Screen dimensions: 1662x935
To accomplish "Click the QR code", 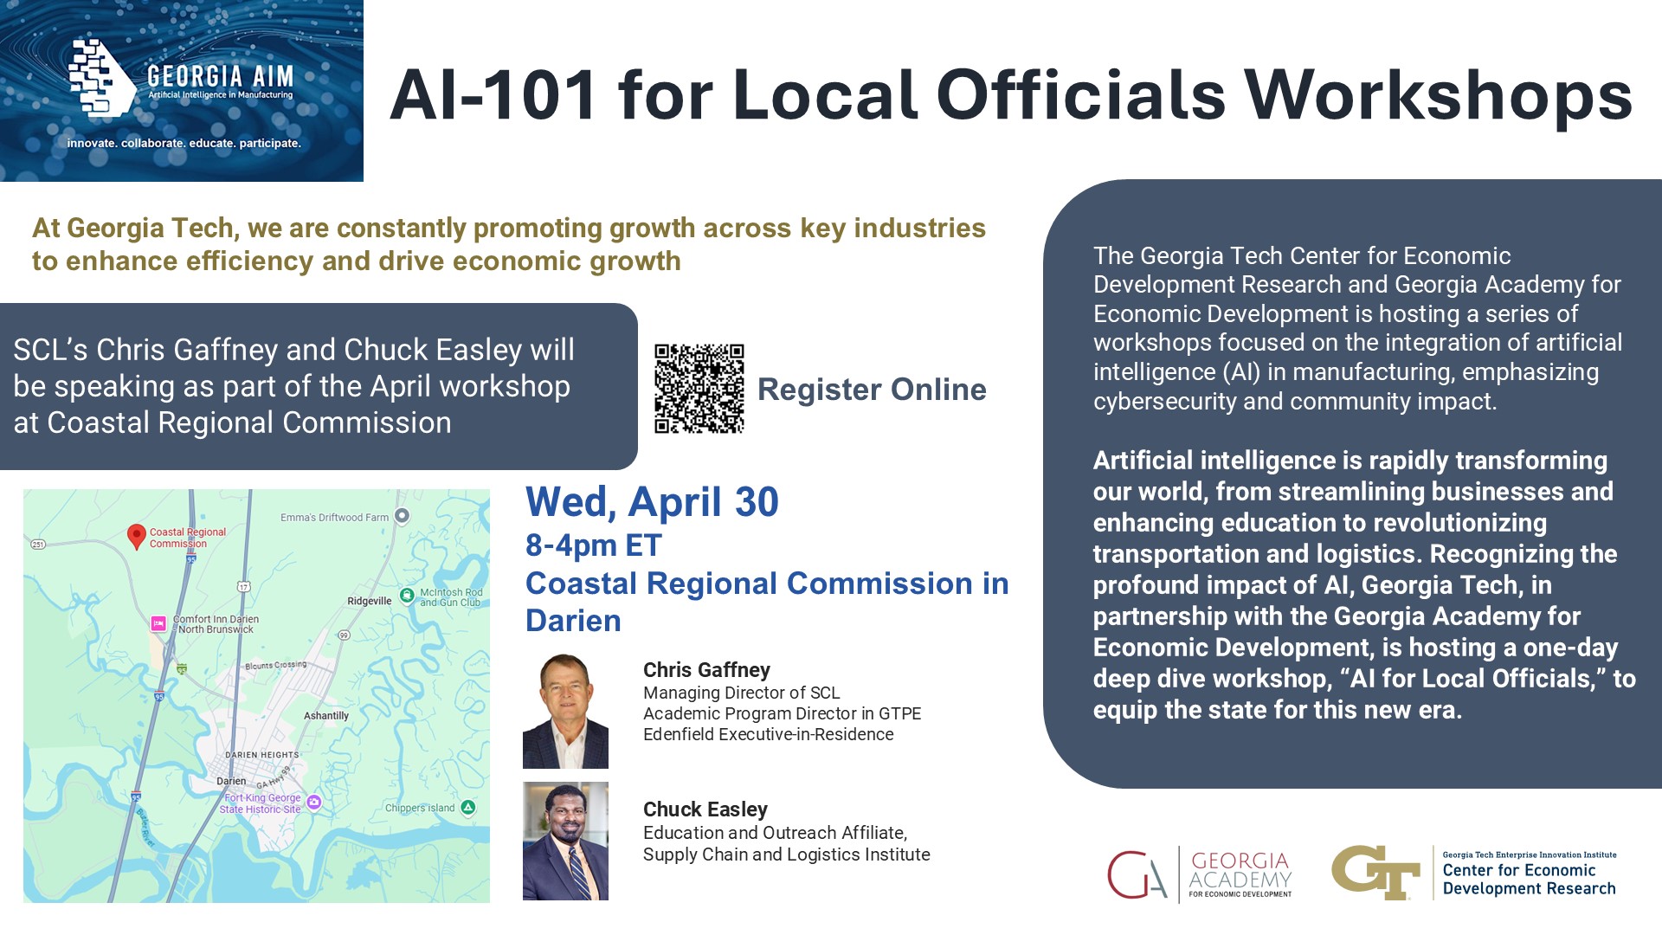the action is [x=699, y=389].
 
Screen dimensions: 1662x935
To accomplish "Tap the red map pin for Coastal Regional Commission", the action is [x=136, y=537].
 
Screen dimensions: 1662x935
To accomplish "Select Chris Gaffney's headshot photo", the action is [x=565, y=711].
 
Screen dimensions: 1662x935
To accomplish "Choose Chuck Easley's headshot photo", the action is [x=565, y=841].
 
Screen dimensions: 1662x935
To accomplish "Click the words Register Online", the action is [x=872, y=390].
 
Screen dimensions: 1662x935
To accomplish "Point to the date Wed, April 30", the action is [x=652, y=502].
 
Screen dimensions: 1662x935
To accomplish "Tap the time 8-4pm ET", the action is [x=594, y=545].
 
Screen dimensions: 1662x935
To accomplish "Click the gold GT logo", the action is [x=1375, y=872].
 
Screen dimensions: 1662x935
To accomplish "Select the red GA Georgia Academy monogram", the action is [x=1137, y=874].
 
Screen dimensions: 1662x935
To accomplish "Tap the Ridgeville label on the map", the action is [x=370, y=601].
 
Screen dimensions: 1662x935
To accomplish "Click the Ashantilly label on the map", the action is [x=326, y=716].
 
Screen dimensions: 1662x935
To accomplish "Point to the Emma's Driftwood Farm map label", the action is [x=334, y=518].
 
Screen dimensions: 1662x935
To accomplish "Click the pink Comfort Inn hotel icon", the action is [x=158, y=623].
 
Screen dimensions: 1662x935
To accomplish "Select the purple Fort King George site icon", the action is [x=314, y=803].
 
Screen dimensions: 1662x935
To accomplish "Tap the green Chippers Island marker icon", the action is [x=468, y=808].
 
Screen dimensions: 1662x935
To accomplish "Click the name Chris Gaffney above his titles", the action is [x=706, y=670].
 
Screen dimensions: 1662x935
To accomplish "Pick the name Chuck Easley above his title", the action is [x=705, y=809].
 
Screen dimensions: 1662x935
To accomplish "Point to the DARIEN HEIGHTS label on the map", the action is [x=262, y=755].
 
